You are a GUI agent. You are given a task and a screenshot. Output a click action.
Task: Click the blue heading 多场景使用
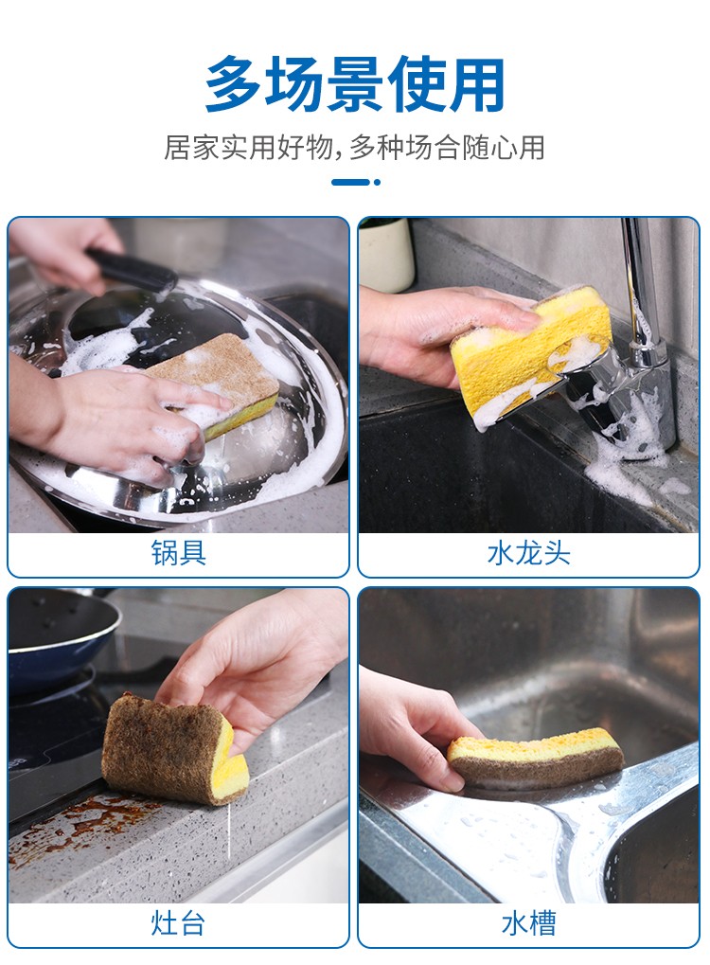(355, 84)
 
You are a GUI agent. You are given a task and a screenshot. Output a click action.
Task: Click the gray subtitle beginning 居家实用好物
(354, 148)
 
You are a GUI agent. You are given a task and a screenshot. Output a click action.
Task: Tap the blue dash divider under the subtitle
(356, 182)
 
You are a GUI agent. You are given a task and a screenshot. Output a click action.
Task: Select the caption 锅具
(178, 553)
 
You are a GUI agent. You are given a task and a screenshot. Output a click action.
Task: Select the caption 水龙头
(528, 553)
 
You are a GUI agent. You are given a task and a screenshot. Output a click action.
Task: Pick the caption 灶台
(178, 923)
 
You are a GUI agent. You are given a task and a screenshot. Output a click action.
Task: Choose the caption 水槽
(528, 923)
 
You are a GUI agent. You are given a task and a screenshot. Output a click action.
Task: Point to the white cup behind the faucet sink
(385, 254)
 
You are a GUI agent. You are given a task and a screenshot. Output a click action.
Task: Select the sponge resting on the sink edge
(535, 758)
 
